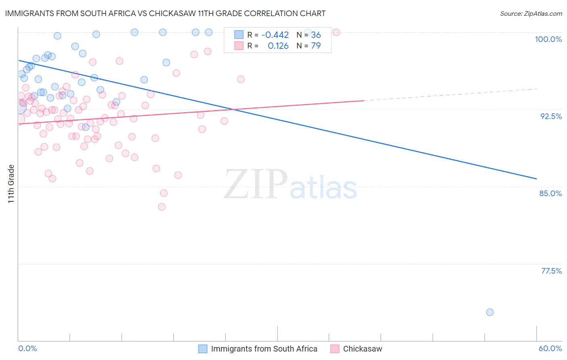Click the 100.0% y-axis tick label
click(548, 39)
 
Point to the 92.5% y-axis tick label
click(551, 116)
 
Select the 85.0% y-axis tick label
click(550, 193)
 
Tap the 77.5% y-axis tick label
click(551, 271)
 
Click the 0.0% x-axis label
click(28, 348)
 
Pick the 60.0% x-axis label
click(550, 348)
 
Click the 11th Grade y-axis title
click(11, 184)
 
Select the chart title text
click(165, 13)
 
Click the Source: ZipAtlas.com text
click(531, 14)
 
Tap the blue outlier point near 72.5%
click(490, 312)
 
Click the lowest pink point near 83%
click(162, 207)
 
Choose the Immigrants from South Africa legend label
click(264, 349)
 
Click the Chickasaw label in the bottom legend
click(363, 349)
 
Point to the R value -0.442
click(275, 35)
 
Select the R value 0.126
click(278, 46)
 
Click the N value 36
click(316, 35)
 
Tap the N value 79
click(316, 46)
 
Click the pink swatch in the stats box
click(239, 46)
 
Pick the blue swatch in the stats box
click(239, 35)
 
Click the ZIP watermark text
click(256, 184)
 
